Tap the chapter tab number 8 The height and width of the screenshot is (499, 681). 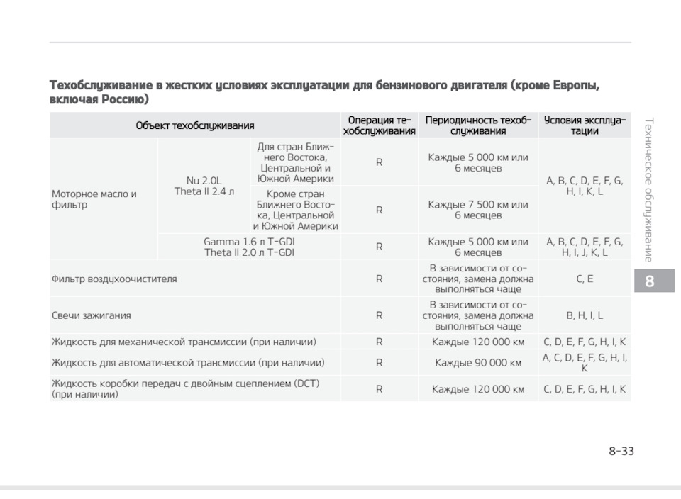tap(649, 281)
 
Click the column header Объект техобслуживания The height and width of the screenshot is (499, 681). tap(194, 125)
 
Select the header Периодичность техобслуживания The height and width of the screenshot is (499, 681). tap(477, 125)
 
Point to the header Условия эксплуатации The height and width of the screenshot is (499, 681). tap(585, 125)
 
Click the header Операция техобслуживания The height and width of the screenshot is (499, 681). tap(379, 125)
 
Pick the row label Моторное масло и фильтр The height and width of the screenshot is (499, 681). tap(94, 199)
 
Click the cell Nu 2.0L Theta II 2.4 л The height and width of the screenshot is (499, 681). tap(204, 186)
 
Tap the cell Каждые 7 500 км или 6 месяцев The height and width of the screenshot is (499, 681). tap(477, 210)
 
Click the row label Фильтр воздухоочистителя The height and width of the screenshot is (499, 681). tap(114, 279)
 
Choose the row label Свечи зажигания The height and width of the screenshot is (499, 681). tap(91, 315)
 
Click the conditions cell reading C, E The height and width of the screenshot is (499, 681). tap(585, 279)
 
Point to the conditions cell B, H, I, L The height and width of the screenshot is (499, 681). tap(585, 315)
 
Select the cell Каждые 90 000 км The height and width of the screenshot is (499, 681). tap(477, 363)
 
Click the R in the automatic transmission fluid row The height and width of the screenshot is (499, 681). tap(379, 363)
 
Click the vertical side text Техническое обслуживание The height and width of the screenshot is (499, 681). tap(648, 189)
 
